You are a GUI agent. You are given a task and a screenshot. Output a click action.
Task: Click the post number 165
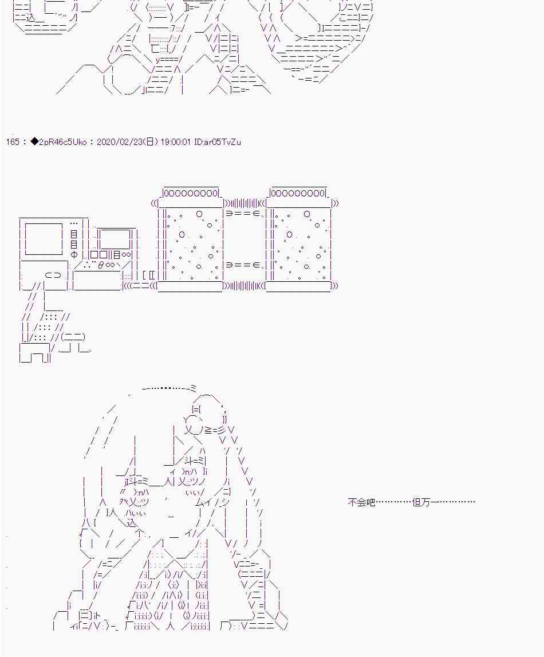(x=13, y=141)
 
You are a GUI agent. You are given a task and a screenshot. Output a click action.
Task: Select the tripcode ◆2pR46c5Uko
(x=58, y=141)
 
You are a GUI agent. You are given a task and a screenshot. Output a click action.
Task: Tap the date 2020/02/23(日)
(x=127, y=141)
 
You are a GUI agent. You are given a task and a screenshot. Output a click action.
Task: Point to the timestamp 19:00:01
(x=175, y=141)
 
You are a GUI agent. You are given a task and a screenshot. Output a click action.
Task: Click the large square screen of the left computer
(x=44, y=239)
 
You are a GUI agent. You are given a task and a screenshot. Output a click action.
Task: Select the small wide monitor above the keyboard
(x=114, y=239)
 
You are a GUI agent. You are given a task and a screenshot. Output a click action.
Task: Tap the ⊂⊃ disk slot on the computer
(x=53, y=276)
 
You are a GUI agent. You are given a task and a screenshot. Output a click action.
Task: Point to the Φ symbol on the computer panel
(x=74, y=254)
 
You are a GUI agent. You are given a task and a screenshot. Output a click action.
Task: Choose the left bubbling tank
(x=192, y=245)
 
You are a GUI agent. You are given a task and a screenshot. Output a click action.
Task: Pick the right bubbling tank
(x=299, y=245)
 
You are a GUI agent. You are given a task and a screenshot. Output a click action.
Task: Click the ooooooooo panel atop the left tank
(x=191, y=192)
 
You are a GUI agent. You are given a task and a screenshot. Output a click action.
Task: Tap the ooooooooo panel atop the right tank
(x=298, y=192)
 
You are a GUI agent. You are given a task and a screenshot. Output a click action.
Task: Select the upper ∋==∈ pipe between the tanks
(x=245, y=214)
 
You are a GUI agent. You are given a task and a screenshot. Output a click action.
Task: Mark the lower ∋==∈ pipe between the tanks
(x=245, y=265)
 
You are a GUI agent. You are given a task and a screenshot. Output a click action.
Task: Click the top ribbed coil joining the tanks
(x=245, y=204)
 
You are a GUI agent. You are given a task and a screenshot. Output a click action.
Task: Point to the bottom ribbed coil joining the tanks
(x=245, y=286)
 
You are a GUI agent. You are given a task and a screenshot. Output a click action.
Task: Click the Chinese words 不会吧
(x=361, y=502)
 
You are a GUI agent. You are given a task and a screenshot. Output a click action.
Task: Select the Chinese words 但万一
(x=425, y=502)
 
